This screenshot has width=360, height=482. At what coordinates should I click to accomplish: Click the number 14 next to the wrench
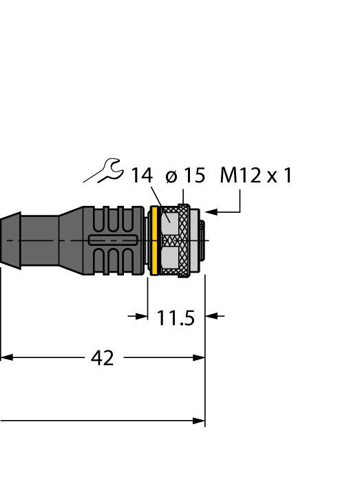142,176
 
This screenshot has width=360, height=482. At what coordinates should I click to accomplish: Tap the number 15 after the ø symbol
194,176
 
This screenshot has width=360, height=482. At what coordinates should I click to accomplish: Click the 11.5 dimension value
176,319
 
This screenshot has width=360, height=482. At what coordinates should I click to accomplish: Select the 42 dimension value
103,358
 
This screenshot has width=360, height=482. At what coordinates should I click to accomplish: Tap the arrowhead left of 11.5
142,316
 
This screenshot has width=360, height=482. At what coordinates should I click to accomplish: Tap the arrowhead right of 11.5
212,316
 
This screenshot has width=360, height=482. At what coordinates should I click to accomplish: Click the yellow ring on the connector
155,240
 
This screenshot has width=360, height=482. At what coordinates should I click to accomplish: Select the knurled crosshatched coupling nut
185,240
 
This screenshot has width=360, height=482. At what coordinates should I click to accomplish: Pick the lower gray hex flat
169,259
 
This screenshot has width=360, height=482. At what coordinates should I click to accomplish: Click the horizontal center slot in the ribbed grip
114,240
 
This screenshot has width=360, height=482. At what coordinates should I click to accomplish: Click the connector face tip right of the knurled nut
200,240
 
